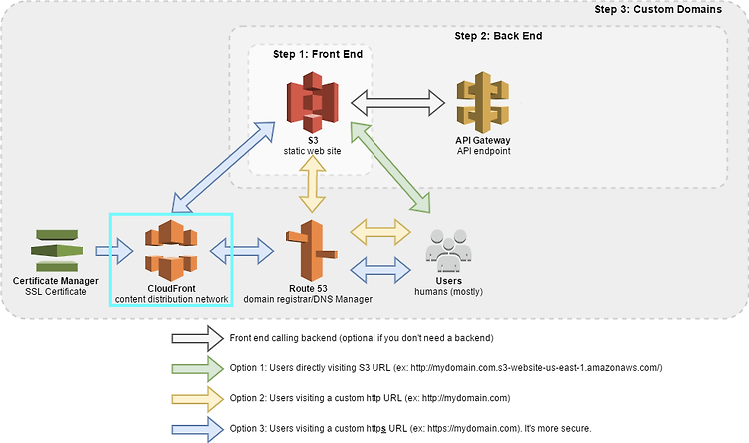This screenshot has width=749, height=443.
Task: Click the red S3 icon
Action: coord(312,102)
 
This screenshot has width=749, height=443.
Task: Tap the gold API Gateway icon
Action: coord(483,102)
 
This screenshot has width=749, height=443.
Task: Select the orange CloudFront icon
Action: coord(171,250)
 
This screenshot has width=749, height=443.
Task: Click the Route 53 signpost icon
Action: coord(312,250)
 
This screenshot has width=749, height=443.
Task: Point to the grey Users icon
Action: coord(448,250)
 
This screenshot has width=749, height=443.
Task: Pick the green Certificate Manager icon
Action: coord(57,250)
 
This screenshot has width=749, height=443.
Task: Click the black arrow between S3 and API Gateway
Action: coord(397,102)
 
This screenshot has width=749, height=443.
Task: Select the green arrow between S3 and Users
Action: coord(390,167)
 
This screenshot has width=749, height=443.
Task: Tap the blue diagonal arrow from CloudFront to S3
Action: coord(223,167)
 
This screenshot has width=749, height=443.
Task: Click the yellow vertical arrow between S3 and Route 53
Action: coord(312,184)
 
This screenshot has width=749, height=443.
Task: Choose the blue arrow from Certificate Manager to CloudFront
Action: coord(114,251)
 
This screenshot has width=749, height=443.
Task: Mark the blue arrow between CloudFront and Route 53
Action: coord(242,251)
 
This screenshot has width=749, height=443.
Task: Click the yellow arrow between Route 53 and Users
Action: coord(380,233)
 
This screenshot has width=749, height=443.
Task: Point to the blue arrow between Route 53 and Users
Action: coord(380,270)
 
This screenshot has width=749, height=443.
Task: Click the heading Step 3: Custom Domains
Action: coord(658,10)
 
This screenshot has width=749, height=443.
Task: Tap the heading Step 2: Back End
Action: coord(498,36)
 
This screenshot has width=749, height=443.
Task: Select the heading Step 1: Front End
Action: coord(318,54)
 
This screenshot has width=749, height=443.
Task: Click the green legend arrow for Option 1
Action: coord(198,368)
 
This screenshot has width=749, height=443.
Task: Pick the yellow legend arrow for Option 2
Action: coord(198,399)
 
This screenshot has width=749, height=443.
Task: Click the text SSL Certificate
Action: coord(56,291)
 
